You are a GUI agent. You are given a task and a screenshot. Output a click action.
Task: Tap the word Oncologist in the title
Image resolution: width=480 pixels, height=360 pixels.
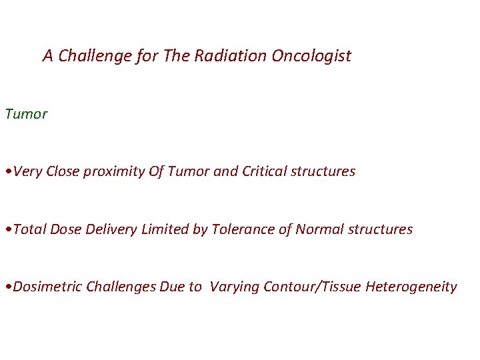311,56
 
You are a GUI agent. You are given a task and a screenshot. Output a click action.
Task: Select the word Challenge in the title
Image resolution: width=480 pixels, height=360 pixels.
95,56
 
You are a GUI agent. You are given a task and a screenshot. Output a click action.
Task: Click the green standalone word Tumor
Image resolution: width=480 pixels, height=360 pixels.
26,114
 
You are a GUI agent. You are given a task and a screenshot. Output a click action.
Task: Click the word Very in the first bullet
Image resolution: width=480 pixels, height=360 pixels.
27,171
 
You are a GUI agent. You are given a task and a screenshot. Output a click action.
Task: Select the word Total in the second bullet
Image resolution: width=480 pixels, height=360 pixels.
29,229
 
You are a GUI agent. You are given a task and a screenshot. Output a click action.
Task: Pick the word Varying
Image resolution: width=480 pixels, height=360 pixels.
234,287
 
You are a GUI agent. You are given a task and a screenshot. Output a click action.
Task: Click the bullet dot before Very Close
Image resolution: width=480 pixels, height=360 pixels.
7,172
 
